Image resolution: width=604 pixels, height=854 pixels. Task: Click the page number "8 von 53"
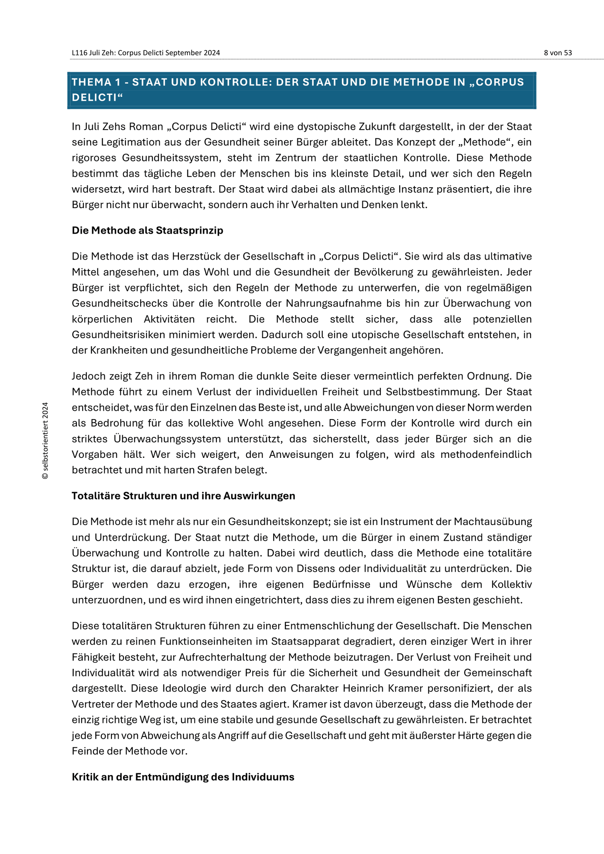(558, 53)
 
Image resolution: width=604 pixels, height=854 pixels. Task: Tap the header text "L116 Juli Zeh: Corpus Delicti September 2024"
(146, 53)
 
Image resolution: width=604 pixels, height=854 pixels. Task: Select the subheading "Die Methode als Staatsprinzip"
(147, 231)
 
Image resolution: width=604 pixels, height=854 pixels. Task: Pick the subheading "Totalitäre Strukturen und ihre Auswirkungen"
(183, 496)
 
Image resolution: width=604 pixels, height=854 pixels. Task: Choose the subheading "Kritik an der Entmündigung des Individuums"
(183, 777)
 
